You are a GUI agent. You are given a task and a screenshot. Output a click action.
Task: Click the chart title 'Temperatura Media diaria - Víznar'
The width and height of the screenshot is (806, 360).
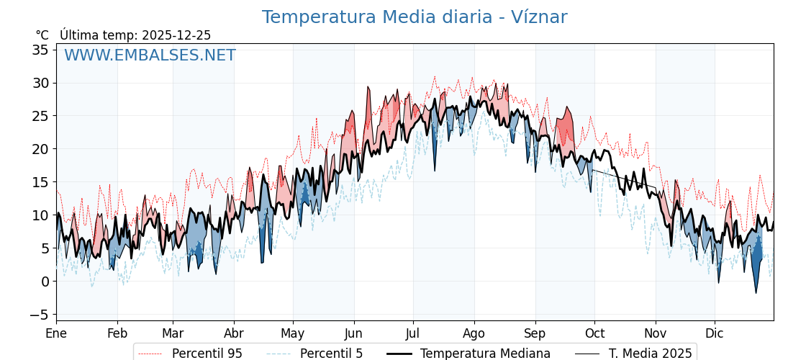point(414,17)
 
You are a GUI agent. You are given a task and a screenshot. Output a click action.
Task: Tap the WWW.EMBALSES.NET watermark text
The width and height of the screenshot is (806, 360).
point(150,55)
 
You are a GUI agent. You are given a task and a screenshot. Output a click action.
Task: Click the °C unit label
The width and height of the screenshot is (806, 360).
point(42,35)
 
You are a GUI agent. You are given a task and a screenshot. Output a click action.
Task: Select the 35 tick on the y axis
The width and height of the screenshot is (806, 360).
point(40,50)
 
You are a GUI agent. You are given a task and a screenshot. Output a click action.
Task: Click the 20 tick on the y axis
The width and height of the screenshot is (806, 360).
point(40,149)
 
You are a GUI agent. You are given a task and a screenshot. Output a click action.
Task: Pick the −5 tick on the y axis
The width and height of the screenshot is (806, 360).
point(38,315)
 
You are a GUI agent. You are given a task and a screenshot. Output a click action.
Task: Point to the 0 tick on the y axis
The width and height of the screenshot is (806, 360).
point(45,282)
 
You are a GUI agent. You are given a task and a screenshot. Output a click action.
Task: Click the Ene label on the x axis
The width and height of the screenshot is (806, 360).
point(56,333)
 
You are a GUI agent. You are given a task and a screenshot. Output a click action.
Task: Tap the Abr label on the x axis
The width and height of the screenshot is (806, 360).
point(234,333)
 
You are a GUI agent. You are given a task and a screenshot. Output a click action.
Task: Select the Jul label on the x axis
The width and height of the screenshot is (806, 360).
point(413,333)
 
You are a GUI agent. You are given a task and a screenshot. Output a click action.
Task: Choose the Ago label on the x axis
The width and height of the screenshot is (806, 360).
point(474,333)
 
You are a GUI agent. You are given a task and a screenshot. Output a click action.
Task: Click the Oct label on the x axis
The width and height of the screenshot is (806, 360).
point(594,333)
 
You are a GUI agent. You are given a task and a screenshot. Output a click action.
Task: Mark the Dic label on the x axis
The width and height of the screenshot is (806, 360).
point(715,333)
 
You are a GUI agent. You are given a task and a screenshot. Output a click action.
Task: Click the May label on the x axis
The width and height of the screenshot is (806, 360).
point(293,333)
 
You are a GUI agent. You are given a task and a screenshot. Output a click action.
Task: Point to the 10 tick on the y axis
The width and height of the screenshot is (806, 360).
point(40,215)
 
